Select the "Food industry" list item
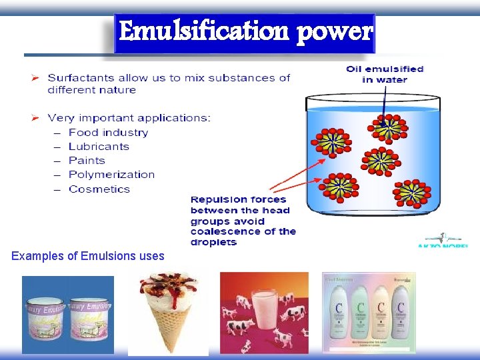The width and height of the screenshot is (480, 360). (108, 133)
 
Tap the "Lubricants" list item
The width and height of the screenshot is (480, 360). (99, 147)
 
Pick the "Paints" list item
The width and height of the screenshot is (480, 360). (87, 161)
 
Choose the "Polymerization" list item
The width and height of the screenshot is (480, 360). (111, 175)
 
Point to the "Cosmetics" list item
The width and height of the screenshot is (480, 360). (99, 189)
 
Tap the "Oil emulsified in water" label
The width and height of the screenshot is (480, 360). (385, 74)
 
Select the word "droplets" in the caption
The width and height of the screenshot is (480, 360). (213, 242)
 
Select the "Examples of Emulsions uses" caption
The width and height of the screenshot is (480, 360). (88, 256)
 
